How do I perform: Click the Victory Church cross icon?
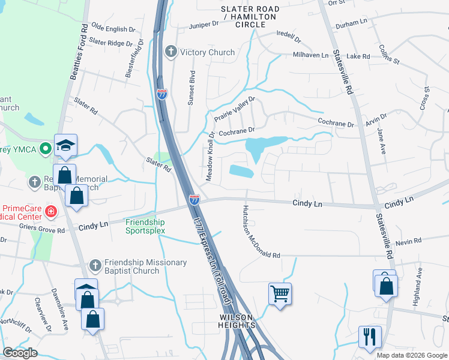pyautogui.click(x=171, y=52)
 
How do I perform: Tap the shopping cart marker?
pyautogui.click(x=280, y=294)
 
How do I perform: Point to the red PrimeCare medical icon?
pyautogui.click(x=51, y=211)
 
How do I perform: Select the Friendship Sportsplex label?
pyautogui.click(x=145, y=226)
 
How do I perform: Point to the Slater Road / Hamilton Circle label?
pyautogui.click(x=250, y=16)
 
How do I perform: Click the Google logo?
pyautogui.click(x=20, y=353)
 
